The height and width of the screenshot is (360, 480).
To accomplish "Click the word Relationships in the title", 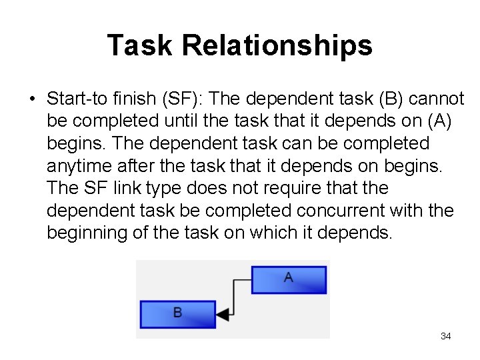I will (277, 45).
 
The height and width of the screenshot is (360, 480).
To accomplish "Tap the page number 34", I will (446, 336).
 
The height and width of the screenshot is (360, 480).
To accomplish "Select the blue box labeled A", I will (289, 279).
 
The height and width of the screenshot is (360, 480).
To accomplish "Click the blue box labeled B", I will (177, 313).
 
